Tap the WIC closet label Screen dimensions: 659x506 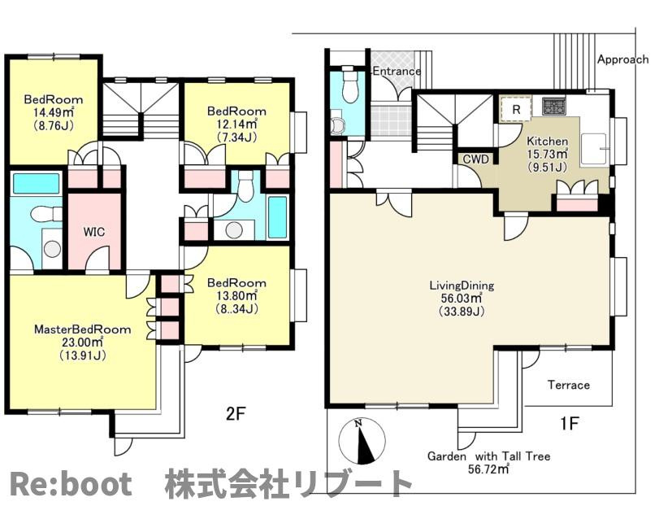coord(94,232)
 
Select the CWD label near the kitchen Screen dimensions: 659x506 coord(476,159)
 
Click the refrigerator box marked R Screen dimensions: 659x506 coord(516,109)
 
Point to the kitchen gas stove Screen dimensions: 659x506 coord(554,107)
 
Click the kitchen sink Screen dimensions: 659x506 coord(593,148)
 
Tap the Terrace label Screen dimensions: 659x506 coord(568,385)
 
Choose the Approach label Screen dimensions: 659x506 coord(623,59)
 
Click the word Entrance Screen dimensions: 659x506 coord(397,71)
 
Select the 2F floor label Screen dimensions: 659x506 coord(236,414)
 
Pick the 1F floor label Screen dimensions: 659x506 coord(569,423)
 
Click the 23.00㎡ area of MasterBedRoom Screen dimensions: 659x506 coord(82,342)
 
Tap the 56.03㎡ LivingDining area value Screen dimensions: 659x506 coord(462,299)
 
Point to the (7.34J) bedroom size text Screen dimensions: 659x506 coord(236,137)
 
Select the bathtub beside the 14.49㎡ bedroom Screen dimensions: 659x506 coord(36,183)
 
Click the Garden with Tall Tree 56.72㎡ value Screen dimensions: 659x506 coord(488,469)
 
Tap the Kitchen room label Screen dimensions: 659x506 coord(547,142)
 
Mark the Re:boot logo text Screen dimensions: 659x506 coord(70,484)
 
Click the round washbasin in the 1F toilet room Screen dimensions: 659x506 coord(337,125)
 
